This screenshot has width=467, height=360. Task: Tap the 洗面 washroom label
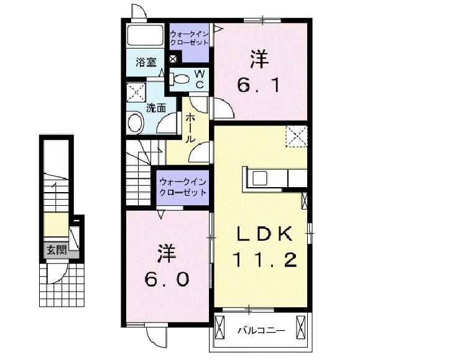point(156,108)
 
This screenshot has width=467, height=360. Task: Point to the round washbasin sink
point(134,123)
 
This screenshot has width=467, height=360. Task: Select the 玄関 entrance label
point(56,250)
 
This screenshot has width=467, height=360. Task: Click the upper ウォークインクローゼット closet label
point(189,37)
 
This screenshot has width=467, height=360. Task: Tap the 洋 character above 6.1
point(259,60)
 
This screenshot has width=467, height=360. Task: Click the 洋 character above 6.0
point(165,254)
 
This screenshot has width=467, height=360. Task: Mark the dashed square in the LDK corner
point(296,136)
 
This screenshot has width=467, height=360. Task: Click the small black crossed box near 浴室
point(173,59)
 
